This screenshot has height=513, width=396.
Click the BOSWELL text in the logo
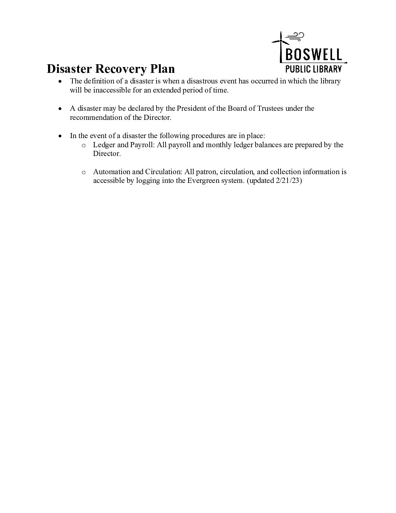point(314,55)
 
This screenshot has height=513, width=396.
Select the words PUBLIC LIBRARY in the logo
point(313,68)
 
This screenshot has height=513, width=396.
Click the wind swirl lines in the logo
point(296,36)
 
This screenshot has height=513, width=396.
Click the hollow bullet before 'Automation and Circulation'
point(83,172)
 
